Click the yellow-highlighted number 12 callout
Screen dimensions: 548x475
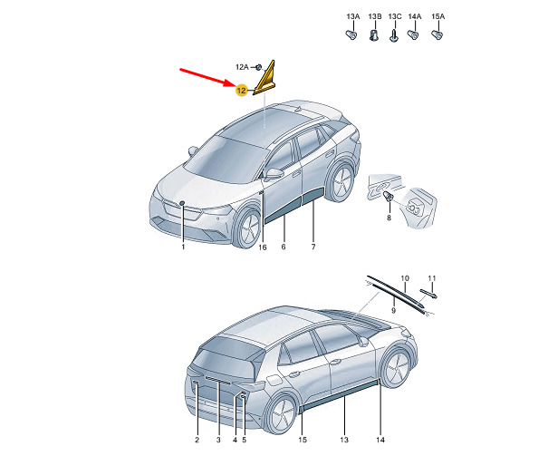242,91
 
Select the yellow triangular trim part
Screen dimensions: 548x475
264,77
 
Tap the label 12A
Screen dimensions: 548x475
242,67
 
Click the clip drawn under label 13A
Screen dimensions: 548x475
351,34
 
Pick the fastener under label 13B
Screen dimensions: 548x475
374,35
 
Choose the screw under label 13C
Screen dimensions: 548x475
394,36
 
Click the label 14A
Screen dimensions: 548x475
415,16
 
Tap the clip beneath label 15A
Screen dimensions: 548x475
437,34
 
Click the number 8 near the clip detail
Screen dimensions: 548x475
389,218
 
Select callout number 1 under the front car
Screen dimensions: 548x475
183,247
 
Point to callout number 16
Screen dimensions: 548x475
263,247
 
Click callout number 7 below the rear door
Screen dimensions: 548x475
313,247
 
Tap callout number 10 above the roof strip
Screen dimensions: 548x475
405,278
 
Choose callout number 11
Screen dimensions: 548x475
432,278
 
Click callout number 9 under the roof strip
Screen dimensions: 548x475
393,310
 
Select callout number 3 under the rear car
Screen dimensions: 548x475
218,440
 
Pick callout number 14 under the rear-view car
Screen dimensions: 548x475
380,440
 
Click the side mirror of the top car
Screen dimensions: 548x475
273,173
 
